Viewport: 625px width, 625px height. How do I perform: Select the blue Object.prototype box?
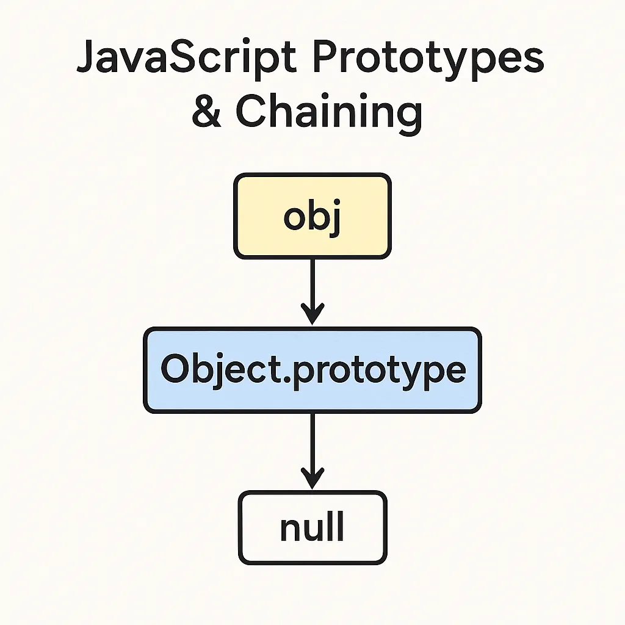pyautogui.click(x=312, y=370)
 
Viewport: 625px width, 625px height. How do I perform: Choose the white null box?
pyautogui.click(x=312, y=528)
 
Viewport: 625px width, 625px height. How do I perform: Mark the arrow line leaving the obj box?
pyautogui.click(x=312, y=281)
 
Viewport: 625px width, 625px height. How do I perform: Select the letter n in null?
pyautogui.click(x=291, y=529)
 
